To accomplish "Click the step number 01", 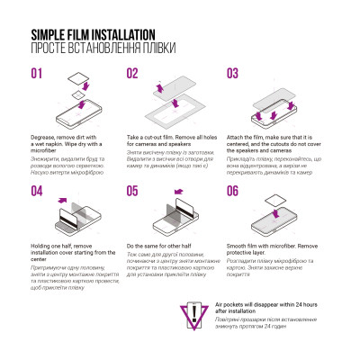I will coord(38,74).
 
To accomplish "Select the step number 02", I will coord(132,74).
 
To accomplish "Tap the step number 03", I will coord(233,74).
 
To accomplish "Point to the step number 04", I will coord(38,192).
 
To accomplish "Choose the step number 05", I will coord(132,192).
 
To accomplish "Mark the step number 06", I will coord(233,192).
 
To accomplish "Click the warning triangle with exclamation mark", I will coord(194,315).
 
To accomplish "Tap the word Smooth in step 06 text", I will coord(238,246).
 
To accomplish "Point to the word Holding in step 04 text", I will coord(43,246).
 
